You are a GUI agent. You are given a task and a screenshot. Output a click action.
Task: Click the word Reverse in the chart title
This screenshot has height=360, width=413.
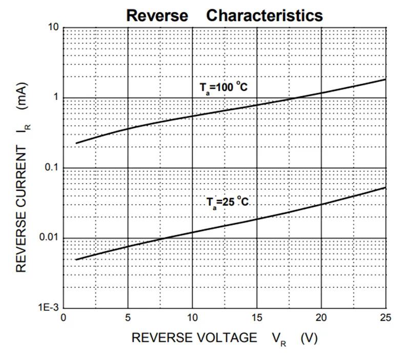tap(157, 15)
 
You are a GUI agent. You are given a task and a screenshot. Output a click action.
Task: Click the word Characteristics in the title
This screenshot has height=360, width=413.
tap(264, 15)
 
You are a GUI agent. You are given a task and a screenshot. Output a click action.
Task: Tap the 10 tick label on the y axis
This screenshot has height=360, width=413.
tap(54, 27)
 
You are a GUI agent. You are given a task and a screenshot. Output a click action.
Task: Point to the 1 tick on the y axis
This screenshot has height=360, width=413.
tap(56, 98)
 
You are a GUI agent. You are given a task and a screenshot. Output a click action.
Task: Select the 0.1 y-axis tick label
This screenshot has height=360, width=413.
tap(52, 168)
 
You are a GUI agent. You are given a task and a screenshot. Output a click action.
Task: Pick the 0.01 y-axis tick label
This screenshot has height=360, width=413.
tap(50, 238)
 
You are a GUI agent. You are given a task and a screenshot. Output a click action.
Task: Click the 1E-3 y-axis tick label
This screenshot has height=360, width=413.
tap(50, 308)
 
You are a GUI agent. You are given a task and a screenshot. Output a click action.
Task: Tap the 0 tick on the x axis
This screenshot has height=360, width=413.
tap(63, 318)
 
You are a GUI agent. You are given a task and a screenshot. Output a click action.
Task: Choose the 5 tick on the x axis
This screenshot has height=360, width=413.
tap(128, 318)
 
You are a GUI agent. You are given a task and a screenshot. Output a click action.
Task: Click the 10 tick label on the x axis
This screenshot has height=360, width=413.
tap(192, 318)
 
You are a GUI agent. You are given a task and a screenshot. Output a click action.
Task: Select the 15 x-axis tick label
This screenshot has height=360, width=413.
tap(257, 318)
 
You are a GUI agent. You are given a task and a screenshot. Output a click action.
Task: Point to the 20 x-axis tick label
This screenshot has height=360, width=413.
tap(321, 318)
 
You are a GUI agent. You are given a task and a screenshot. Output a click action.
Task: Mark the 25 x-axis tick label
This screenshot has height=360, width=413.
tap(385, 318)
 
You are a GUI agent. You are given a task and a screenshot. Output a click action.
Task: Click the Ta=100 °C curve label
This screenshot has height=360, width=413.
tap(223, 88)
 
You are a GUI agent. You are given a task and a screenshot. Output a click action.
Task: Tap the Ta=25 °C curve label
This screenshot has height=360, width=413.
tap(228, 202)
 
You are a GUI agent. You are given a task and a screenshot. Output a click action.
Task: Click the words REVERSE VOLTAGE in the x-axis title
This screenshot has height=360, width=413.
tap(195, 337)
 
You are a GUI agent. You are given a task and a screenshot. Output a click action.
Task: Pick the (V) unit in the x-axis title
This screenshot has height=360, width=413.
tap(309, 338)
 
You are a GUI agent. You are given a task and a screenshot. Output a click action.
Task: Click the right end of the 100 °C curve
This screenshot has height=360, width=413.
tap(385, 79)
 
